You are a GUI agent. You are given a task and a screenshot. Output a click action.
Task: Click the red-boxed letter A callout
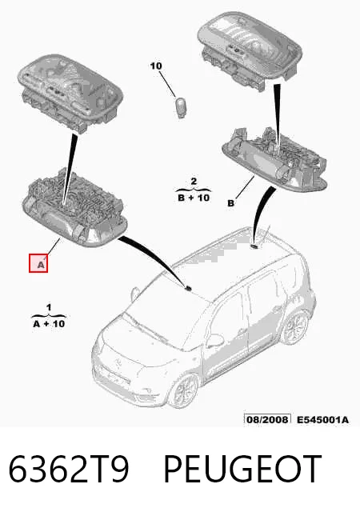(38, 263)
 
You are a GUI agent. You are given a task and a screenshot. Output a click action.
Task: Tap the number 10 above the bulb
(156, 66)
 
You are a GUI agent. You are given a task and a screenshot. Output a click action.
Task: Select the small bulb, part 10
(180, 107)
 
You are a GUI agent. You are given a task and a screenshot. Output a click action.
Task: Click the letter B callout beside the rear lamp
(230, 203)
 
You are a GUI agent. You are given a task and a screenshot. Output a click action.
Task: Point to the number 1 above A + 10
(49, 307)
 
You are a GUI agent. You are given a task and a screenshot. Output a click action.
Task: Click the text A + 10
(49, 324)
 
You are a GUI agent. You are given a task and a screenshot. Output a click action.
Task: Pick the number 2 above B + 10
(194, 182)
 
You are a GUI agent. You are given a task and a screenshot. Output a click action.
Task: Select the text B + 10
(194, 198)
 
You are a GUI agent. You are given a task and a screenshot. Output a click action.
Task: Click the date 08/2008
(267, 419)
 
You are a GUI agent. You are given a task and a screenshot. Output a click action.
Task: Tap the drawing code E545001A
(322, 419)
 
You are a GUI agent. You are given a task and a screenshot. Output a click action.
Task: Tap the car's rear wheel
(296, 328)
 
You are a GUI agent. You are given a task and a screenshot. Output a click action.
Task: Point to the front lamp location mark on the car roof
(188, 288)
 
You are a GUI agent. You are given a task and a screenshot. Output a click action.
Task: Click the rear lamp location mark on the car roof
(254, 246)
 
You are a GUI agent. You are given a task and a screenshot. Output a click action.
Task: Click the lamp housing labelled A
(74, 209)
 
